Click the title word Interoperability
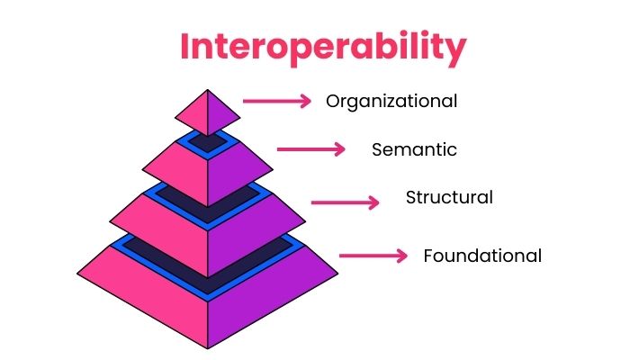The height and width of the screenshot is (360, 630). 314,47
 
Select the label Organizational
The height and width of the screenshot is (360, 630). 391,101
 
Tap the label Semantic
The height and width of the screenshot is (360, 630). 414,149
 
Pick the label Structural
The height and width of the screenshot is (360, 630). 449,197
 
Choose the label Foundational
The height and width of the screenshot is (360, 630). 482,256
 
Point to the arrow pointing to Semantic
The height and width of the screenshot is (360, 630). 310,149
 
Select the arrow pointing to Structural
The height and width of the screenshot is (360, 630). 345,202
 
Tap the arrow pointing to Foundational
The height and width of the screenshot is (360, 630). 373,256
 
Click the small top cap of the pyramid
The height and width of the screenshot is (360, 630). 208,113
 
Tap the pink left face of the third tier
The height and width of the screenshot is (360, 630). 178,170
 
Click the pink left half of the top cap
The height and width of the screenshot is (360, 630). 194,114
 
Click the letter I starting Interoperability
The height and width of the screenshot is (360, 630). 184,47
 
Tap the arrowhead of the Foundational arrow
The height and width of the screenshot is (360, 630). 402,256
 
